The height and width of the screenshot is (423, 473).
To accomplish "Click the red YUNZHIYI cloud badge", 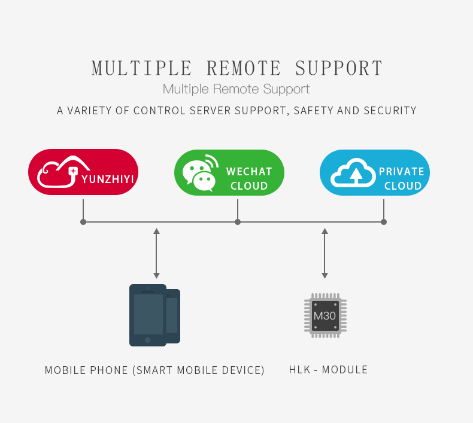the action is pos(83,172).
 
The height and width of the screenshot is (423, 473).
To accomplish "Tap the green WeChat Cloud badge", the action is pos(229,172).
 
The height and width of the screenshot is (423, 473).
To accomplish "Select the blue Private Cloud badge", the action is pos(375,172).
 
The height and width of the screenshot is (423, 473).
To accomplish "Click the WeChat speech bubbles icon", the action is pos(201,173).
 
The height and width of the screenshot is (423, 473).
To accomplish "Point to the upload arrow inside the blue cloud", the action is pos(356,176).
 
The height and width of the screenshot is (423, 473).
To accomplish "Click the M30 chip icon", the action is pos(325,315).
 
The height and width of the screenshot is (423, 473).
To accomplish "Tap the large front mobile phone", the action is pos(148,315).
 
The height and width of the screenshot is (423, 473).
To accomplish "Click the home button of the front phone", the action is pos(147,340).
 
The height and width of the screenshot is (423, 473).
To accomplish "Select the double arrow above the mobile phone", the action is pos(156,253).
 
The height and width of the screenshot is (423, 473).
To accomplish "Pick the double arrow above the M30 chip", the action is pos(325,253).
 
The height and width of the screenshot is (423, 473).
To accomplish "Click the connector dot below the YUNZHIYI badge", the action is pos(83,222).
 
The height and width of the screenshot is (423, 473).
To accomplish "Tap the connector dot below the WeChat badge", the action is pos(238,222).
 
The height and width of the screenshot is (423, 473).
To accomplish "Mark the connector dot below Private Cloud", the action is pos(384,222).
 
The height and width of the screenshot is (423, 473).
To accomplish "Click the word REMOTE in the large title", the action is pos(244,68).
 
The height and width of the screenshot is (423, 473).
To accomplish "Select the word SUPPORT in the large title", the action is pos(339,68).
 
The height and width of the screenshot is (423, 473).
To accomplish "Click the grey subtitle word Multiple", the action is pos(186,89).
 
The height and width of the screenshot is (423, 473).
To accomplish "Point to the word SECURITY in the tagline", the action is pos(390,111).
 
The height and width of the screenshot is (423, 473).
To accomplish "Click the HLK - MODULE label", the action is pos(328,370).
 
